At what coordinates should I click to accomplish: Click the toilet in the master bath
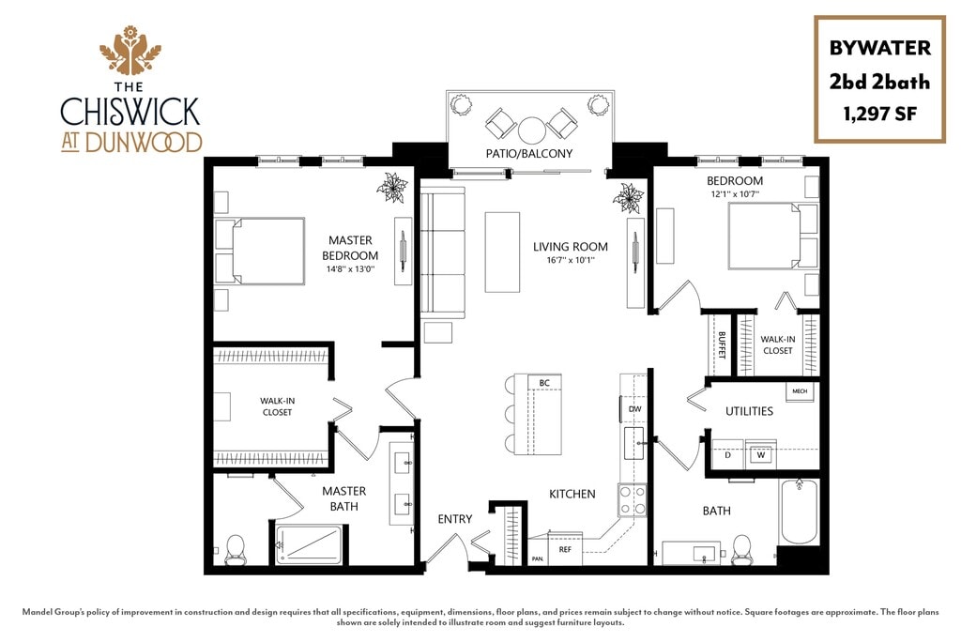pyautogui.click(x=235, y=549)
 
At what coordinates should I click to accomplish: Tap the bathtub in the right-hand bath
pyautogui.click(x=799, y=512)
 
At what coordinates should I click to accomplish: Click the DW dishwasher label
pyautogui.click(x=634, y=409)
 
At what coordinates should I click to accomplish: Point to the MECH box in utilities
pyautogui.click(x=800, y=391)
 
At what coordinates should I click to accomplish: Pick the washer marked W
pyautogui.click(x=761, y=455)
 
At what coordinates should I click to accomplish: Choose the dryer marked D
pyautogui.click(x=728, y=455)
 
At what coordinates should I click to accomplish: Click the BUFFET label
pyautogui.click(x=722, y=344)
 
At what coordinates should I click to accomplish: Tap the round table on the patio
pyautogui.click(x=532, y=128)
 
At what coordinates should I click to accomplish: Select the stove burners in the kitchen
pyautogui.click(x=632, y=499)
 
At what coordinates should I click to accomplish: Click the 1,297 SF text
pyautogui.click(x=879, y=115)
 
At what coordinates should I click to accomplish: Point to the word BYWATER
pyautogui.click(x=879, y=48)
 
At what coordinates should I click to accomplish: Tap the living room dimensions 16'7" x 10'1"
pyautogui.click(x=570, y=260)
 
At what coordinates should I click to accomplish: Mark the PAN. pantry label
pyautogui.click(x=538, y=558)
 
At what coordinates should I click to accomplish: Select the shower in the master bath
pyautogui.click(x=309, y=544)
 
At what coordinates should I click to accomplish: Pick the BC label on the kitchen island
pyautogui.click(x=543, y=382)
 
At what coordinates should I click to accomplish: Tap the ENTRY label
pyautogui.click(x=455, y=519)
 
